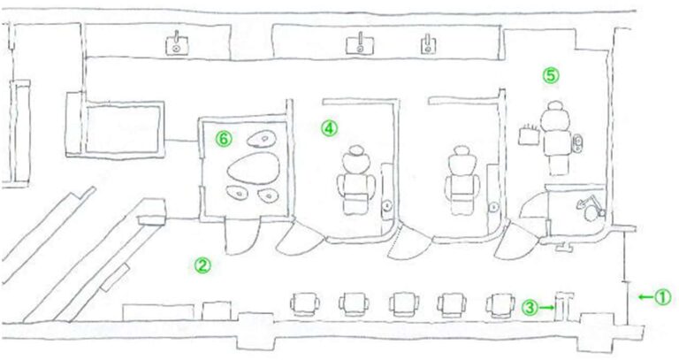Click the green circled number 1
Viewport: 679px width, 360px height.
[662, 297]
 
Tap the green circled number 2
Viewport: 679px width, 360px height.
[202, 265]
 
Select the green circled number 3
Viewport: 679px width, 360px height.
[530, 308]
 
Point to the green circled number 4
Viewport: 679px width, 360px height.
[330, 128]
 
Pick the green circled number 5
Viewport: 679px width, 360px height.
[551, 75]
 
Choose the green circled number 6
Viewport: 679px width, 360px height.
[224, 139]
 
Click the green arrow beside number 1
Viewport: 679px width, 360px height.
[645, 297]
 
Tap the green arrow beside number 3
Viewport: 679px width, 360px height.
[546, 308]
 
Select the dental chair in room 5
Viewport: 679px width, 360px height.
[555, 137]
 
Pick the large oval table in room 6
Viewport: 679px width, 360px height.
[254, 168]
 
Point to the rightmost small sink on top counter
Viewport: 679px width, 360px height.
[428, 44]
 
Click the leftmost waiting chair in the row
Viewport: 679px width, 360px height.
[305, 303]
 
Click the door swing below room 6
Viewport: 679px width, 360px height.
[242, 237]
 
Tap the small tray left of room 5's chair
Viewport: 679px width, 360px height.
[529, 134]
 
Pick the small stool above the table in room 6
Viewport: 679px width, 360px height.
[262, 139]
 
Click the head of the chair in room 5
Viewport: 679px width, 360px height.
[554, 106]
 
